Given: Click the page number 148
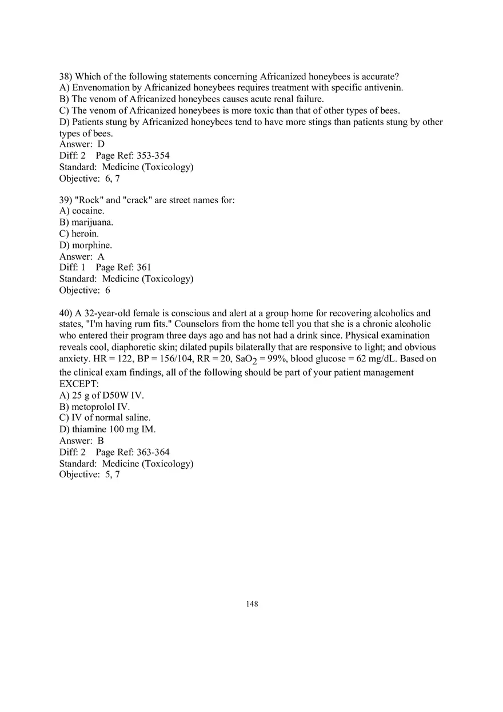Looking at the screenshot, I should (252, 604).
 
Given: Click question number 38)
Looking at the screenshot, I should (66, 77).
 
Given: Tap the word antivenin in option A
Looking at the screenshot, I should (385, 88).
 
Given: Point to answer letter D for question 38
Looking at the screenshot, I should (101, 144).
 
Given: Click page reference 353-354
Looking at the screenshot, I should (153, 156).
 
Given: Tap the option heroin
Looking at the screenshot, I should (85, 234).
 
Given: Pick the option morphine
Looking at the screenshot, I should (92, 246).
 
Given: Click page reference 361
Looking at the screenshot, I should (144, 267).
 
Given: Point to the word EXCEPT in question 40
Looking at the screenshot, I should (79, 384).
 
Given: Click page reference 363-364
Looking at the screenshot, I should (153, 452).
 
